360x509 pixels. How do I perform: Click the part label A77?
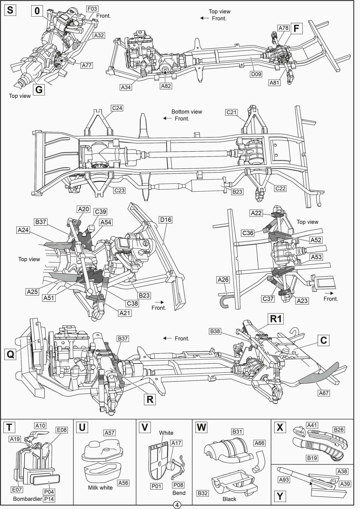pos(87,65)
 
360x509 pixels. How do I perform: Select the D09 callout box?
pos(256,74)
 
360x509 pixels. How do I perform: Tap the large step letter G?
pos(39,90)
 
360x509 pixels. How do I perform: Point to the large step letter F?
pos(296,28)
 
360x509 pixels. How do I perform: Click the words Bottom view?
pos(187,112)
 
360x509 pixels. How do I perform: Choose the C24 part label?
pos(117,108)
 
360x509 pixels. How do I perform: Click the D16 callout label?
pos(166,220)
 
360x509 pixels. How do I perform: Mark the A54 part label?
pos(106,222)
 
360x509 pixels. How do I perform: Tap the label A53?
pos(316,257)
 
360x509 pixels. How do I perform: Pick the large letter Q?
pos(11,354)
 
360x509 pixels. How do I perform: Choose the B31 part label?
pos(237,431)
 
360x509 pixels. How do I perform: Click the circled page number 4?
pos(177,505)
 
